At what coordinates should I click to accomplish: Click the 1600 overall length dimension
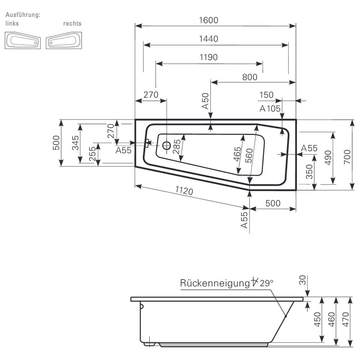[209, 20]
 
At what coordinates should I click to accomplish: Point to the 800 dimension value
[249, 77]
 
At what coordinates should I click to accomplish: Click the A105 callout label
[270, 108]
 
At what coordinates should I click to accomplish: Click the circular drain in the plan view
[167, 145]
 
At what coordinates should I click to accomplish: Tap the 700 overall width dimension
[346, 155]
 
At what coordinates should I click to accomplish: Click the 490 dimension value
[328, 157]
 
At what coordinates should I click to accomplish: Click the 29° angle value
[267, 283]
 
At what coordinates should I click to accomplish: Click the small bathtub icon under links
[22, 40]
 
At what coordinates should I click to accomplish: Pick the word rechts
[72, 23]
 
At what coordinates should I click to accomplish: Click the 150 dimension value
[266, 95]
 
